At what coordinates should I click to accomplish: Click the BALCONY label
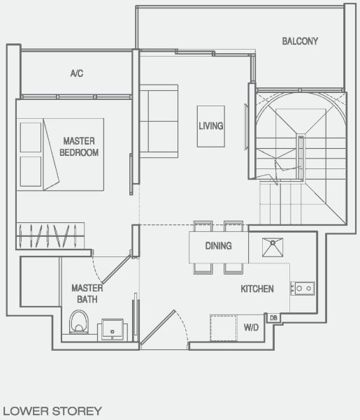click(x=300, y=41)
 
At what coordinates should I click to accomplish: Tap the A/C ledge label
click(x=77, y=73)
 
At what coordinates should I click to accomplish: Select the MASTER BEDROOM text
click(x=79, y=146)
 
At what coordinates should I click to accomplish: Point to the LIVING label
click(x=210, y=126)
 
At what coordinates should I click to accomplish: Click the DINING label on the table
click(x=218, y=246)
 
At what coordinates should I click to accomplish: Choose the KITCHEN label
click(x=257, y=289)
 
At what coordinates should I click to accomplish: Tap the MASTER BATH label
click(x=87, y=294)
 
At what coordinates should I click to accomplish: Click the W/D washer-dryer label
click(x=250, y=326)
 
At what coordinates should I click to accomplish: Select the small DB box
click(x=273, y=318)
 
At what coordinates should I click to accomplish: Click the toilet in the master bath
click(x=79, y=323)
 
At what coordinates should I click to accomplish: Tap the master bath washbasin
click(x=113, y=328)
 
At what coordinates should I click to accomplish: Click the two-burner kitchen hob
click(x=303, y=287)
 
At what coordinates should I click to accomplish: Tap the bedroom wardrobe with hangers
click(x=50, y=231)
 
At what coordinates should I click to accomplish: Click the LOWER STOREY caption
click(x=52, y=411)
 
